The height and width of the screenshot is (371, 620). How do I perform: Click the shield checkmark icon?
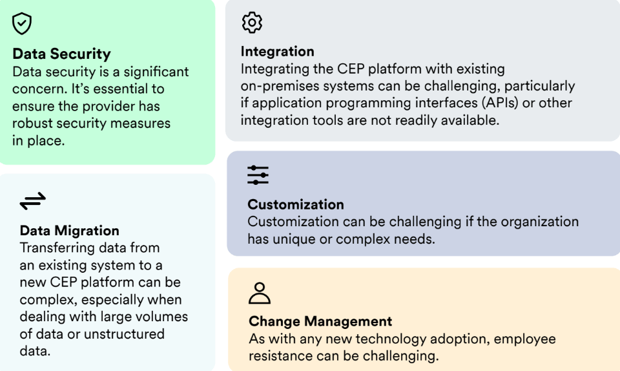click(22, 23)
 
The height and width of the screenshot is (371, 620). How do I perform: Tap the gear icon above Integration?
click(252, 22)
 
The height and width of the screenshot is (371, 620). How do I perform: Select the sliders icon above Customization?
click(258, 175)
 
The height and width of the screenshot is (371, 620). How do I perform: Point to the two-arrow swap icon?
click(33, 201)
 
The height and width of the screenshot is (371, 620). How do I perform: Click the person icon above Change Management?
click(260, 293)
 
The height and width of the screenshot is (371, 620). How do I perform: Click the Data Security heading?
click(61, 54)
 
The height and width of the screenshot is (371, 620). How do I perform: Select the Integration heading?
click(278, 52)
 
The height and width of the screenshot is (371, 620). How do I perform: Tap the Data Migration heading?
click(70, 231)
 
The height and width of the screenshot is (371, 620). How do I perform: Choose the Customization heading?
click(296, 204)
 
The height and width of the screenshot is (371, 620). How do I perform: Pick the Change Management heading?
click(320, 321)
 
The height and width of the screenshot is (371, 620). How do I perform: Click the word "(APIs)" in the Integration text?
click(500, 103)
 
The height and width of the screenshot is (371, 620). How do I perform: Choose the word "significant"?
click(156, 72)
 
